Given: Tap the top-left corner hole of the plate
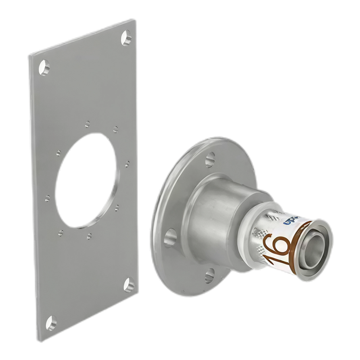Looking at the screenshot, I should pos(45,67).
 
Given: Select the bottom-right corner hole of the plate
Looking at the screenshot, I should pos(129,285).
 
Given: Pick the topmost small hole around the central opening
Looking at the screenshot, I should pos(87,123).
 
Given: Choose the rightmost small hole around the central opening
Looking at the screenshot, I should pos(127,164).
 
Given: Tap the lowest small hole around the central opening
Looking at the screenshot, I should pos(89,235).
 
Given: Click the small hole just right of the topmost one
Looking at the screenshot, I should pos(115,128).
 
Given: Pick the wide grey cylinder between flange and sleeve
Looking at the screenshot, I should pos(212,216).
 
